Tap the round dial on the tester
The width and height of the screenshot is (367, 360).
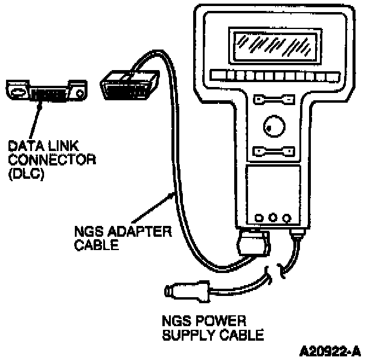pos(271,126)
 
